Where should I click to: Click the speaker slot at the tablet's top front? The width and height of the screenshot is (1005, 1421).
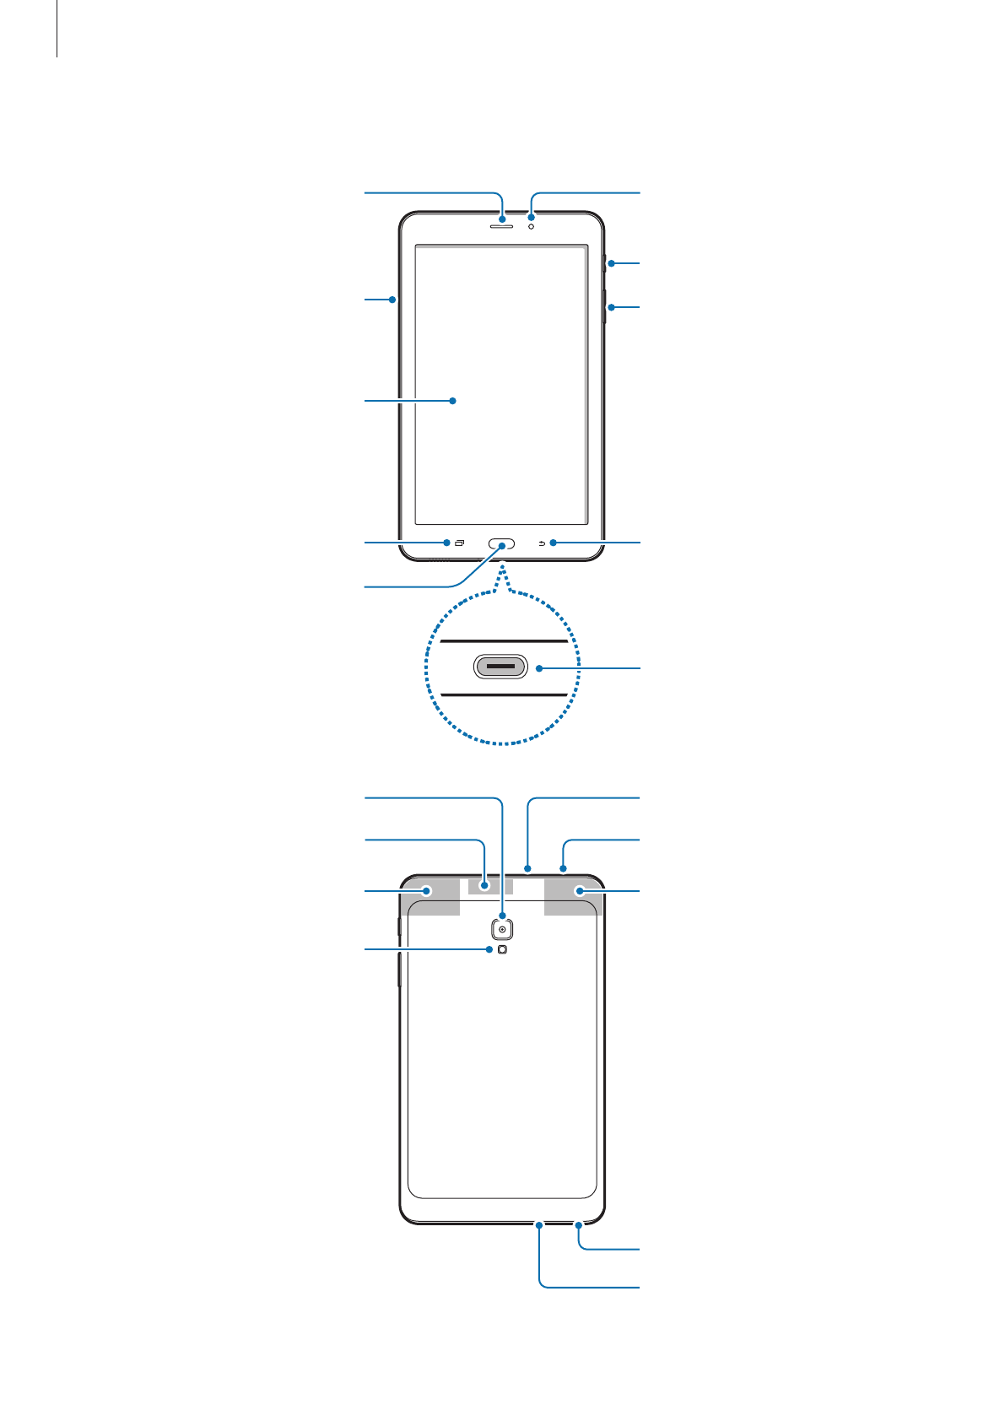coord(502,226)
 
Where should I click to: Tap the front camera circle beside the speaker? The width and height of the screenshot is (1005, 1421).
coord(531,226)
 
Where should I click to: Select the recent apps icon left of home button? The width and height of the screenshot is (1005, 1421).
coord(460,543)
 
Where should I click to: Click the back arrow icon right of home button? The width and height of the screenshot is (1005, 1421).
coord(542,543)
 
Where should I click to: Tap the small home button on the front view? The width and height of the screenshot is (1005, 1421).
coord(502,543)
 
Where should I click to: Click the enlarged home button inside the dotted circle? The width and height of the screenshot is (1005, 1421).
coord(501,667)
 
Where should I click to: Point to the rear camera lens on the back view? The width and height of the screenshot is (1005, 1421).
coord(502,929)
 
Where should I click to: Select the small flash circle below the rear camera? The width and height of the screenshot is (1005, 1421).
coord(503,949)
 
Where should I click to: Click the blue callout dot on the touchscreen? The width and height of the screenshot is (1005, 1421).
coord(453,401)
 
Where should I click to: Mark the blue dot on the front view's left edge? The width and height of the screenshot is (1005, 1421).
coord(393,299)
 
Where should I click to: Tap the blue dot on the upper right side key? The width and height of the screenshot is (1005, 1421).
coord(611,264)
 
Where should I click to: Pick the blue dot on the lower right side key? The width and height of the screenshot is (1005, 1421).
coord(611,307)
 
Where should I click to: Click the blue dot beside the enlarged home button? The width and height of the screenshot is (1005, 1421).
coord(538,668)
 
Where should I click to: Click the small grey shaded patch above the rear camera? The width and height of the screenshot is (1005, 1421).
coord(490,886)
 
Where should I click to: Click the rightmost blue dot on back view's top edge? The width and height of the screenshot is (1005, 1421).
coord(563,868)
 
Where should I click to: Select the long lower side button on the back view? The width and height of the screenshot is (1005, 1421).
coord(398,970)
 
